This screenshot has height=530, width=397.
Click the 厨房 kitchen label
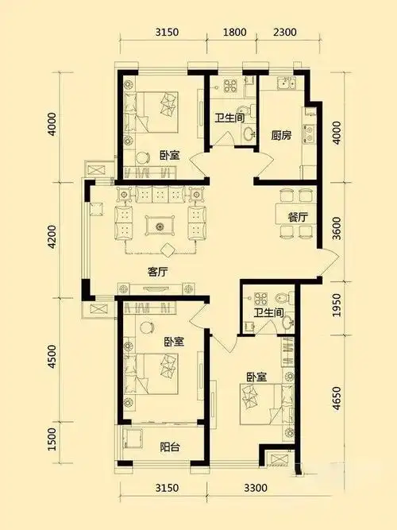pyautogui.click(x=280, y=135)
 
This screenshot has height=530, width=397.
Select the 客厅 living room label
pyautogui.click(x=157, y=271)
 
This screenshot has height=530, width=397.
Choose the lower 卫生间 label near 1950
pyautogui.click(x=268, y=312)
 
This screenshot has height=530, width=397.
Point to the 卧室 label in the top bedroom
pyautogui.click(x=168, y=156)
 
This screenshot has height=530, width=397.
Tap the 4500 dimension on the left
pyautogui.click(x=52, y=353)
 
